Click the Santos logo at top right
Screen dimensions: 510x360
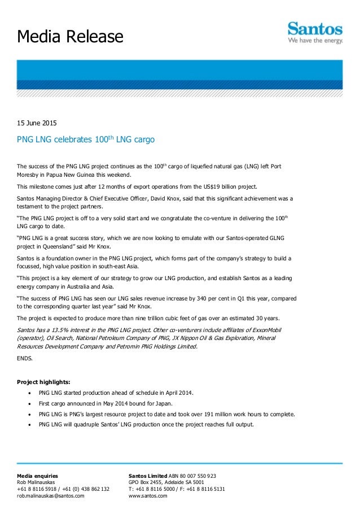[x=315, y=33]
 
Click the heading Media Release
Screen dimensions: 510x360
[x=70, y=37]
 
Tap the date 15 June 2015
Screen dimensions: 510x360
[x=36, y=123]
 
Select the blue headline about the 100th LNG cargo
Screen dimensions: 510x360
[x=86, y=139]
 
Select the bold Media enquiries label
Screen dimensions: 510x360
[x=37, y=476]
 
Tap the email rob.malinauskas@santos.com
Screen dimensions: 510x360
[x=51, y=496]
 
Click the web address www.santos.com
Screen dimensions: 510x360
[x=148, y=496]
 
